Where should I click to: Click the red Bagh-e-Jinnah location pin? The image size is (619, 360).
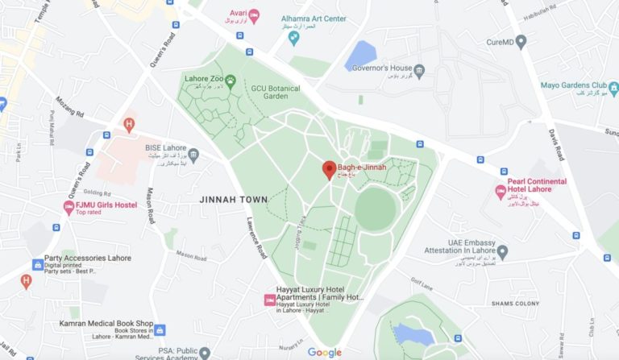coord(329,169)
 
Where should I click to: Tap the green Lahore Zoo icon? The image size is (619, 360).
coord(230,79)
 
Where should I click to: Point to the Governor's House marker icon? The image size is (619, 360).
coord(418,69)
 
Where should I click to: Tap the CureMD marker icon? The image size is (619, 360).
coord(521,41)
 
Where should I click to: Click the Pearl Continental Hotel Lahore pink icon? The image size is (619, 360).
coord(500,192)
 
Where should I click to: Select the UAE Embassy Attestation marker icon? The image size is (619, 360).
coord(502,253)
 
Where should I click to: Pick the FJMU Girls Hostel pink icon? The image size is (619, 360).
coord(69,207)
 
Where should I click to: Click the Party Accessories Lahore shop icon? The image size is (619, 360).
coord(37,264)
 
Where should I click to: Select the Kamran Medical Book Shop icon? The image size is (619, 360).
coord(160,329)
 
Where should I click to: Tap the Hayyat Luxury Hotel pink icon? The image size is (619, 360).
coord(269,300)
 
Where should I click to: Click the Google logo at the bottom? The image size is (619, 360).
coord(324,353)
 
